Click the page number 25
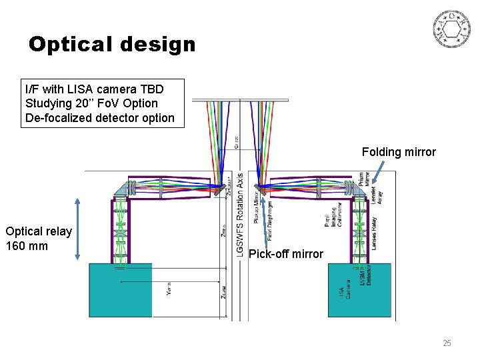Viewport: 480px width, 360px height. pyautogui.click(x=447, y=343)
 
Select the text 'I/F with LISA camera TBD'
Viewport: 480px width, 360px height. pyautogui.click(x=94, y=89)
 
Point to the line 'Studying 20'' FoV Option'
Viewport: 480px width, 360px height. pyautogui.click(x=91, y=103)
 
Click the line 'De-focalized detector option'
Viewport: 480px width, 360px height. pyautogui.click(x=99, y=118)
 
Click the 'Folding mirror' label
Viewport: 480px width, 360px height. pyautogui.click(x=399, y=152)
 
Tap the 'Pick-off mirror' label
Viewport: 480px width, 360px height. pyautogui.click(x=285, y=253)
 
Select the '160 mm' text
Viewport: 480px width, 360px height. pyautogui.click(x=27, y=245)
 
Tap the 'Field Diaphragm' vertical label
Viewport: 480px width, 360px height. pyautogui.click(x=270, y=220)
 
